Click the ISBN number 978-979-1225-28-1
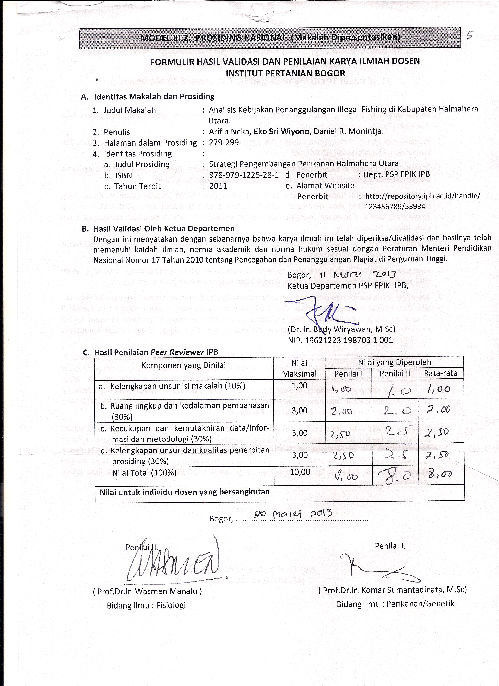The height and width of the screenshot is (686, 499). (x=244, y=175)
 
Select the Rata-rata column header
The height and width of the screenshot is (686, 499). (x=441, y=373)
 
